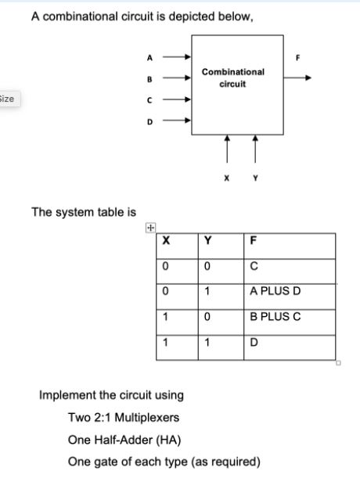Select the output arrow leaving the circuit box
pyautogui.click(x=297, y=77)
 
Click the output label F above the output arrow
pyautogui.click(x=297, y=57)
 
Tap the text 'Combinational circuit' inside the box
pyautogui.click(x=232, y=77)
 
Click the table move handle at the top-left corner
pyautogui.click(x=149, y=228)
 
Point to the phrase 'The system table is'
pyautogui.click(x=83, y=212)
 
